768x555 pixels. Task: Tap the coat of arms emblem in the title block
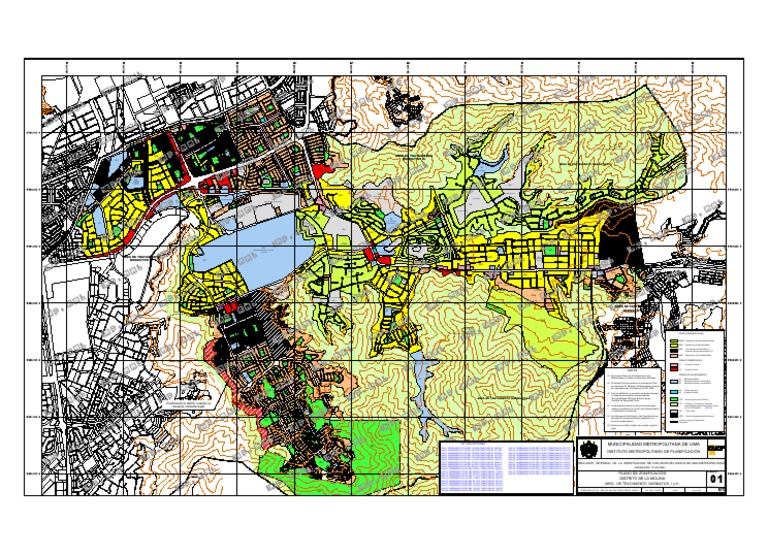pos(590,450)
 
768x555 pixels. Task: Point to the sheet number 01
pos(716,481)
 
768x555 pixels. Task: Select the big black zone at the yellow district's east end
pos(616,244)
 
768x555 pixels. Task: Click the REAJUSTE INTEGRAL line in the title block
pos(650,462)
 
